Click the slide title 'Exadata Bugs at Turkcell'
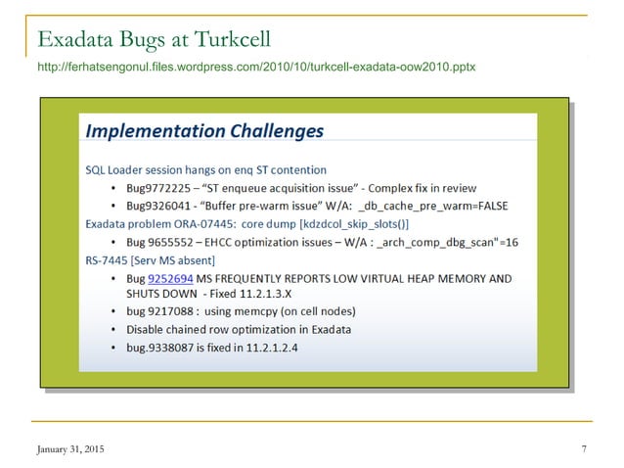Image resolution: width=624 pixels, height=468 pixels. tap(153, 40)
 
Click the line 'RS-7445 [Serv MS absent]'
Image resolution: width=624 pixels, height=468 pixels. tap(150, 259)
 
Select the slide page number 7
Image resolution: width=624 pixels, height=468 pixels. tap(583, 448)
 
